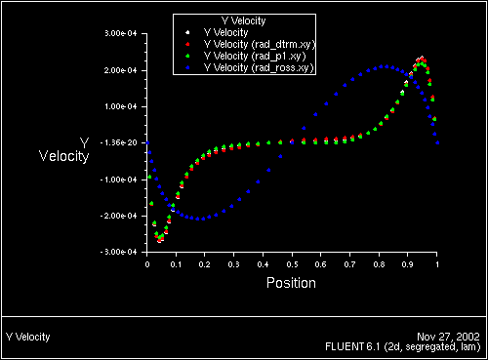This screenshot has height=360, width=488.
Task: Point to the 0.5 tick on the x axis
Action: (x=292, y=263)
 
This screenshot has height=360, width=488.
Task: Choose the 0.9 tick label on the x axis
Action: (x=408, y=263)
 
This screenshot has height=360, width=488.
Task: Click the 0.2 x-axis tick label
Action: (x=205, y=263)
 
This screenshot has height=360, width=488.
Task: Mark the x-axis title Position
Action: (x=292, y=284)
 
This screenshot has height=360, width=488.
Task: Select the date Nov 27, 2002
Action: (x=453, y=336)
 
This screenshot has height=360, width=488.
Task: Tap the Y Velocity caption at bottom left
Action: (x=27, y=336)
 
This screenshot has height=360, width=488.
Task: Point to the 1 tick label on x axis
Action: (x=437, y=263)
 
